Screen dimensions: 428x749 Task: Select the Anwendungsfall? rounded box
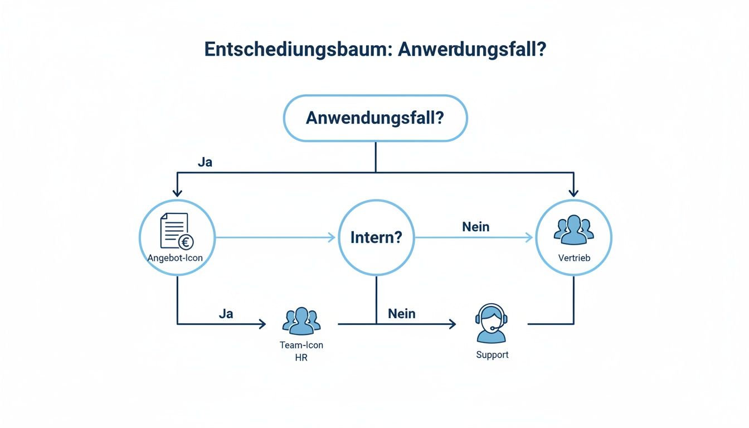tap(375, 118)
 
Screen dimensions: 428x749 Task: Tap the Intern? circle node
tap(376, 238)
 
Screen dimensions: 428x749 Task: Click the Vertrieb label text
tap(573, 258)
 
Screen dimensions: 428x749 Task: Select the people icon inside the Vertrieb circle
tap(573, 230)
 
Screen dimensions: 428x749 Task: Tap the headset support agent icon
tap(492, 323)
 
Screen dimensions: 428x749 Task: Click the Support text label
tap(492, 354)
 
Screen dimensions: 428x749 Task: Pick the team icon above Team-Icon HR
tap(301, 321)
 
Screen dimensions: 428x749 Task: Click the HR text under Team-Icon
tap(301, 358)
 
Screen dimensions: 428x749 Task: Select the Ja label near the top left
tap(205, 163)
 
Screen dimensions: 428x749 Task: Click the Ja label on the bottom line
tap(226, 313)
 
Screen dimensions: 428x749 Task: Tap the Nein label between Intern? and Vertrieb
tap(475, 227)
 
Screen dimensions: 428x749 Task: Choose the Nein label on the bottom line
tap(402, 313)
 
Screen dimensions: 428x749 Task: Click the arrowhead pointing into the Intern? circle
tap(332, 238)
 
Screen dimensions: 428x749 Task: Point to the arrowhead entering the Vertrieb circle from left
tap(529, 238)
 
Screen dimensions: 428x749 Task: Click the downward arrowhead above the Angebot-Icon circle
tap(177, 193)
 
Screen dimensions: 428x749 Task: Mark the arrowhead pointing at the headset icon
tap(453, 324)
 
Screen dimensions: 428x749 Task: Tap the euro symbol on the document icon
tap(186, 242)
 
